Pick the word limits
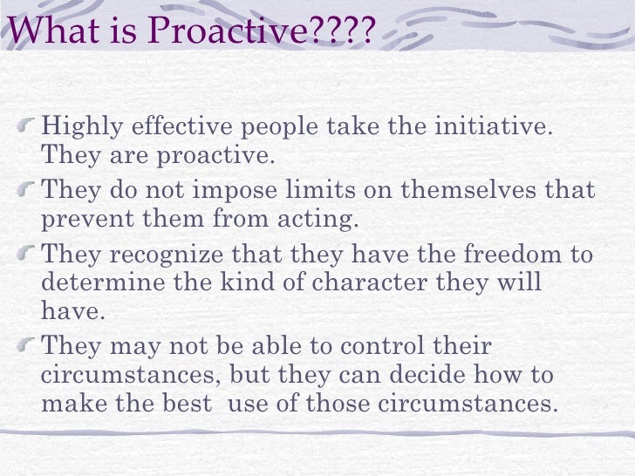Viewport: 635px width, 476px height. click(x=328, y=189)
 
